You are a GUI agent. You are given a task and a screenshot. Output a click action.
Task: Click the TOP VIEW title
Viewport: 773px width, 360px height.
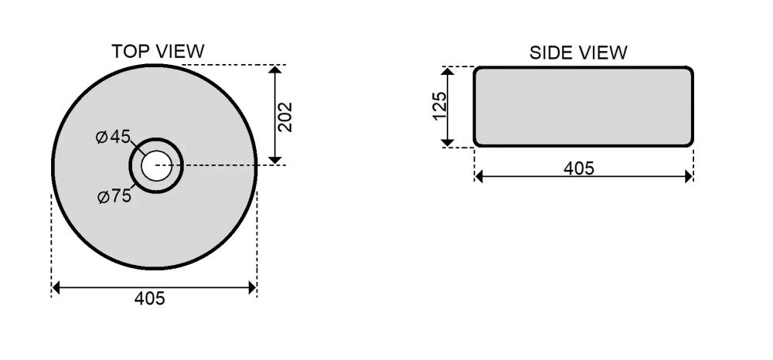158,51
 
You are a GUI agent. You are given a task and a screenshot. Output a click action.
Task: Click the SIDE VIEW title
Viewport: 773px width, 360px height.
578,53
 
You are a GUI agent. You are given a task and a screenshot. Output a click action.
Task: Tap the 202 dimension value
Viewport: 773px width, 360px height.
285,117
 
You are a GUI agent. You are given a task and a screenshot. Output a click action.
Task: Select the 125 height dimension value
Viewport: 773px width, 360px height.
439,105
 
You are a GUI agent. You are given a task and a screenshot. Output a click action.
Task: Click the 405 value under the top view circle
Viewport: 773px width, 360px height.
149,298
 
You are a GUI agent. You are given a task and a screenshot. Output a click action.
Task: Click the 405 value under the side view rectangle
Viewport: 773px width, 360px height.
579,168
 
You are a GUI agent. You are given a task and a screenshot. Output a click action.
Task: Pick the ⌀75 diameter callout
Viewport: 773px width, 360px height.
114,196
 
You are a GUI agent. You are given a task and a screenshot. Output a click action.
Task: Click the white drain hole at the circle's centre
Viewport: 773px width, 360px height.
156,165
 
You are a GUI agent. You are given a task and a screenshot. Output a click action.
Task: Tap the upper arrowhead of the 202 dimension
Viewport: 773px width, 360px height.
275,70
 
